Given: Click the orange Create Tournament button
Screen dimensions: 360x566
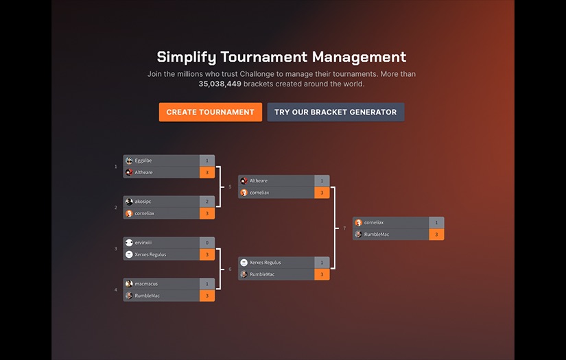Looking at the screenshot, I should tap(210, 112).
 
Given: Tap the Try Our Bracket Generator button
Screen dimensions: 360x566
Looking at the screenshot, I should tap(335, 112).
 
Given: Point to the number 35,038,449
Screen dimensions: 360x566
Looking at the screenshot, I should tap(220, 84).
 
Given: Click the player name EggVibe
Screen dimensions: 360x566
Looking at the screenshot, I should tap(143, 160).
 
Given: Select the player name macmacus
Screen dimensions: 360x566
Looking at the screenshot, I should tap(146, 283).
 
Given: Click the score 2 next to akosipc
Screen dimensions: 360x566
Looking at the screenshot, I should tap(207, 202).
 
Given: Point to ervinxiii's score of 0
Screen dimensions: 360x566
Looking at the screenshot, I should tap(207, 243).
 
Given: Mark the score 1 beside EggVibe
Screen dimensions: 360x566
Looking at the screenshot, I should tap(207, 160).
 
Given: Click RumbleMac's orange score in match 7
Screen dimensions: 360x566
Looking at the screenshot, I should tap(436, 235).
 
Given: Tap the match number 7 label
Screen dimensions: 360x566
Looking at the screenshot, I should tap(344, 228).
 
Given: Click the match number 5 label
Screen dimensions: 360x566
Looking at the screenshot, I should tap(230, 187).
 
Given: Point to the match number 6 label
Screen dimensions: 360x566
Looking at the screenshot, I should tap(230, 269).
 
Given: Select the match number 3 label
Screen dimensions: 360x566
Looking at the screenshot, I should tap(115, 248).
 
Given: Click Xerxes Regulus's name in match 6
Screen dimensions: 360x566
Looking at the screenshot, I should tap(265, 263).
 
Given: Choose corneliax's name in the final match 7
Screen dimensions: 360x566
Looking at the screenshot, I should tap(374, 222).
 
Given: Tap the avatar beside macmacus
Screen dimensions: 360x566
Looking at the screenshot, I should tap(129, 283).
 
